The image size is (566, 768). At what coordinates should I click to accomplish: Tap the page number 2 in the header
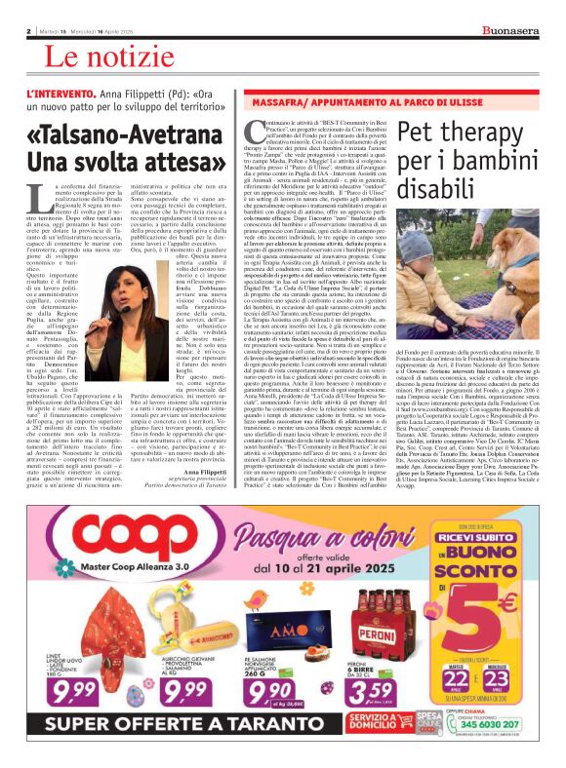tap(29, 31)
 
